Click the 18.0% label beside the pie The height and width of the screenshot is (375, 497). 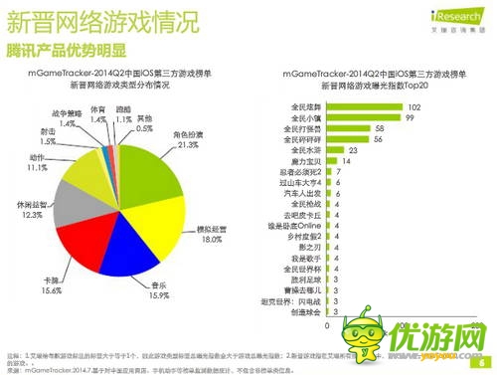(x=204, y=240)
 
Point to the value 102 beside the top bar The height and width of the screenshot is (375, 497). (x=390, y=106)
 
